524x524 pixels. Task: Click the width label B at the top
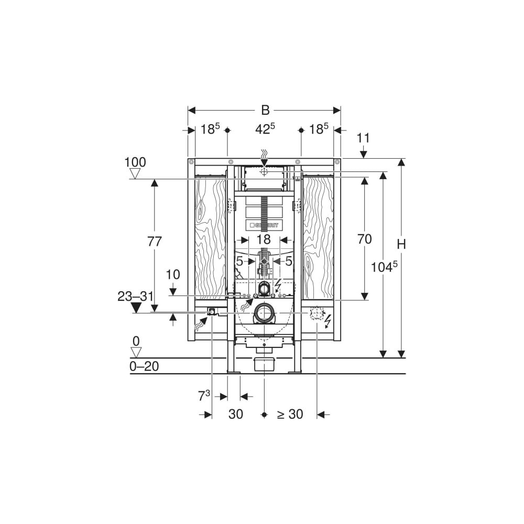[265, 110]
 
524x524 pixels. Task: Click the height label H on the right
[401, 244]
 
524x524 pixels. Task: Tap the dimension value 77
[155, 241]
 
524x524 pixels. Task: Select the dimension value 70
[364, 239]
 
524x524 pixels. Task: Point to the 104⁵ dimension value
[384, 266]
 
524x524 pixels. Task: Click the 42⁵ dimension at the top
[265, 129]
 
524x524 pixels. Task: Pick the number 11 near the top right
[363, 138]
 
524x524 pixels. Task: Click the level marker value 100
[135, 162]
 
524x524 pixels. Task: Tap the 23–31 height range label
[136, 296]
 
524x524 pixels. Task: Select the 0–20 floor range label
[144, 367]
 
